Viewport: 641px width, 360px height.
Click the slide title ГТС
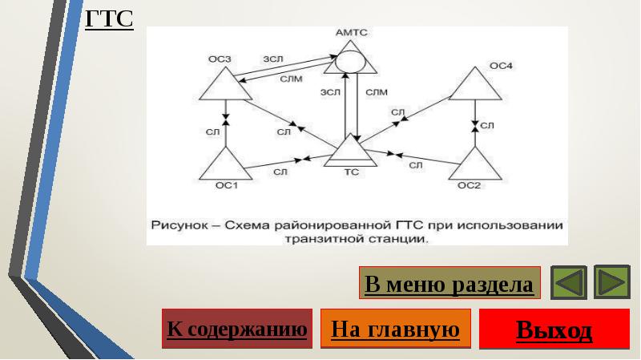[109, 18]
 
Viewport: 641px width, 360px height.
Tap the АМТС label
[351, 32]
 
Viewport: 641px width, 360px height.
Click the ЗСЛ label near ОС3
[273, 59]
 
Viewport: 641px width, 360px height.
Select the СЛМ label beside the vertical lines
[377, 92]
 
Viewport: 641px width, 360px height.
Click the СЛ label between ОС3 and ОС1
[212, 131]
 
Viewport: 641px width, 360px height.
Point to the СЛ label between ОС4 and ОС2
[487, 126]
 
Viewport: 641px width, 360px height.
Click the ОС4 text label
[501, 66]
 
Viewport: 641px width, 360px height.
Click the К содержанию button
[237, 329]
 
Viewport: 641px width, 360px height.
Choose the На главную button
[395, 329]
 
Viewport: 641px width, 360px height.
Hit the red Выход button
[554, 329]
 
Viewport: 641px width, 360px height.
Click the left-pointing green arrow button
[569, 282]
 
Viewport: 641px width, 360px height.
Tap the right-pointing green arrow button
[612, 282]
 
